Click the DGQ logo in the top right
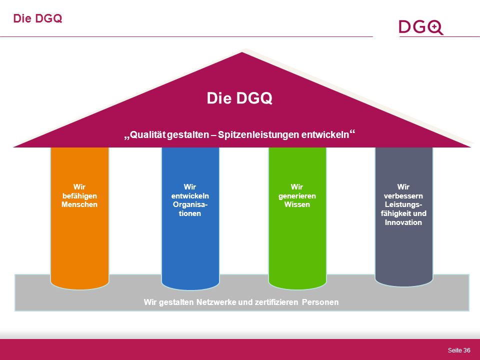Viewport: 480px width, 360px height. [x=421, y=27]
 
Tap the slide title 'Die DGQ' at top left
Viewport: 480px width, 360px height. [x=37, y=18]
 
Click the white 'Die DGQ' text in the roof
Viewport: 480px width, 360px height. [x=239, y=98]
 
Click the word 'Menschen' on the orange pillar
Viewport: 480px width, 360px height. [x=79, y=204]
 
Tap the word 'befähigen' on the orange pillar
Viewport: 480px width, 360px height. [x=79, y=196]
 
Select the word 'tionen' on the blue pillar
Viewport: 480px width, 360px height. [x=190, y=213]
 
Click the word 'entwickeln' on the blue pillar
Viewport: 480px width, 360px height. [x=190, y=196]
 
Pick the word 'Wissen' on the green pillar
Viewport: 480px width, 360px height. [x=297, y=204]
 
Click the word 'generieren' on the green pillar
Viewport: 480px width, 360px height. [x=297, y=196]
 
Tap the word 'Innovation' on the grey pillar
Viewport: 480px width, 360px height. [x=403, y=222]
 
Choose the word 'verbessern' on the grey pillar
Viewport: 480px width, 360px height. [x=403, y=196]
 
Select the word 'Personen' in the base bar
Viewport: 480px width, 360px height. [x=320, y=302]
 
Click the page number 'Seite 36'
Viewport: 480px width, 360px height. [x=459, y=350]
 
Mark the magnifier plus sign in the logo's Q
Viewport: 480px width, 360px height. [x=434, y=27]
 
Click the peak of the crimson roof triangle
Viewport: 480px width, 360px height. [x=242, y=52]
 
